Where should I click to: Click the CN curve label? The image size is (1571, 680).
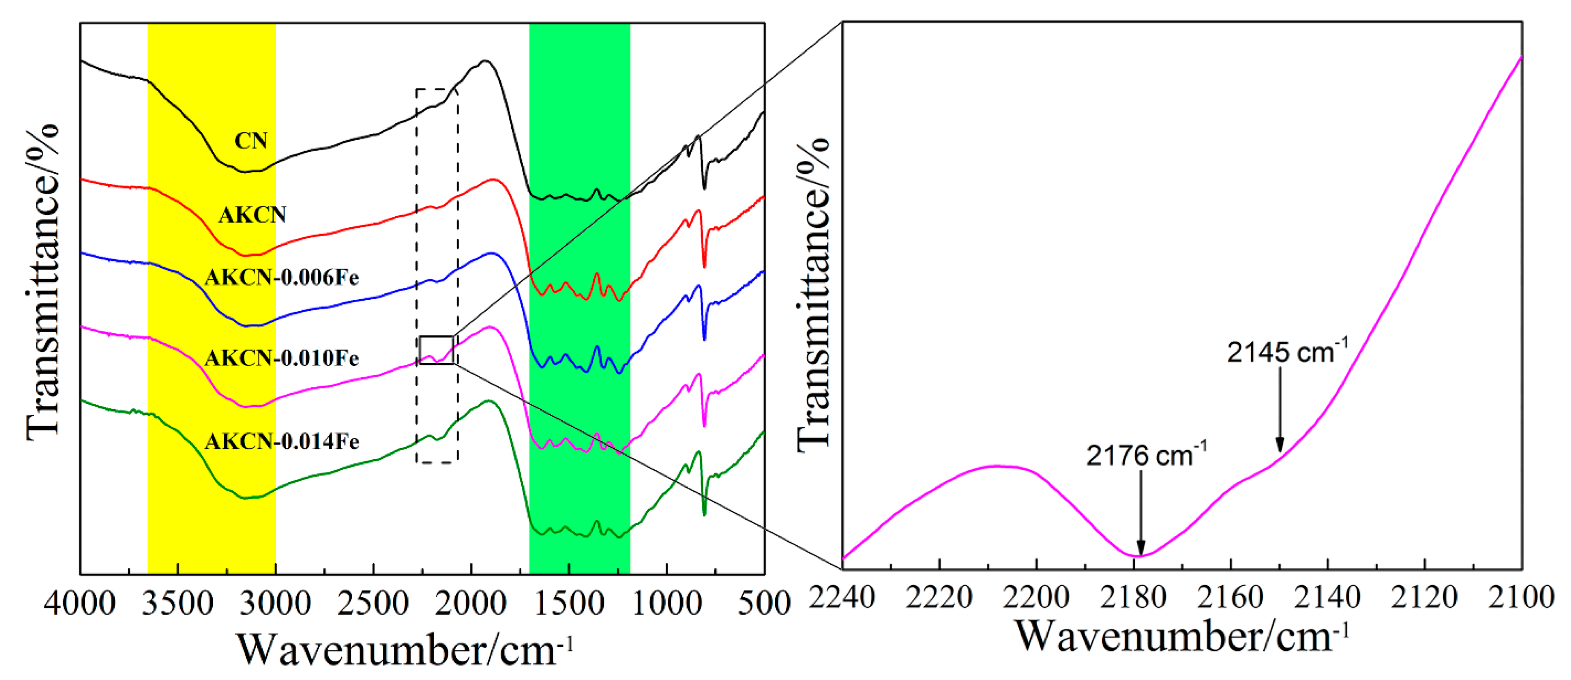pyautogui.click(x=251, y=141)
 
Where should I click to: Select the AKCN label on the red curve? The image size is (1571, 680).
pyautogui.click(x=252, y=215)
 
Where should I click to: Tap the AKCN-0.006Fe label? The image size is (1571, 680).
pyautogui.click(x=282, y=278)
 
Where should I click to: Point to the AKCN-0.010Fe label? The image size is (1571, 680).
pyautogui.click(x=282, y=358)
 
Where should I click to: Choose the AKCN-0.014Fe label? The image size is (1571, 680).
pyautogui.click(x=282, y=441)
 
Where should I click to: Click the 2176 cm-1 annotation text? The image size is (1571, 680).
pyautogui.click(x=1145, y=455)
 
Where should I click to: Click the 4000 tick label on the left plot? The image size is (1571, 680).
pyautogui.click(x=80, y=604)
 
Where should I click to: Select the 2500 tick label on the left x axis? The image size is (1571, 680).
pyautogui.click(x=373, y=604)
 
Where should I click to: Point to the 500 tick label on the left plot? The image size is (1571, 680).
pyautogui.click(x=764, y=604)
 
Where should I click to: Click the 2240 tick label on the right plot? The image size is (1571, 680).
pyautogui.click(x=842, y=597)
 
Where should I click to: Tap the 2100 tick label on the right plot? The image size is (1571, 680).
pyautogui.click(x=1521, y=597)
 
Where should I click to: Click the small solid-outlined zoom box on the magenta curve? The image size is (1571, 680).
pyautogui.click(x=436, y=350)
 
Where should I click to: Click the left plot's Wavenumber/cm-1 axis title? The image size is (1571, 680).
pyautogui.click(x=404, y=649)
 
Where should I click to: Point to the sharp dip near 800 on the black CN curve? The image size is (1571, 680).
pyautogui.click(x=704, y=188)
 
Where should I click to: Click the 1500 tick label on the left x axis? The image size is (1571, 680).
pyautogui.click(x=568, y=604)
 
